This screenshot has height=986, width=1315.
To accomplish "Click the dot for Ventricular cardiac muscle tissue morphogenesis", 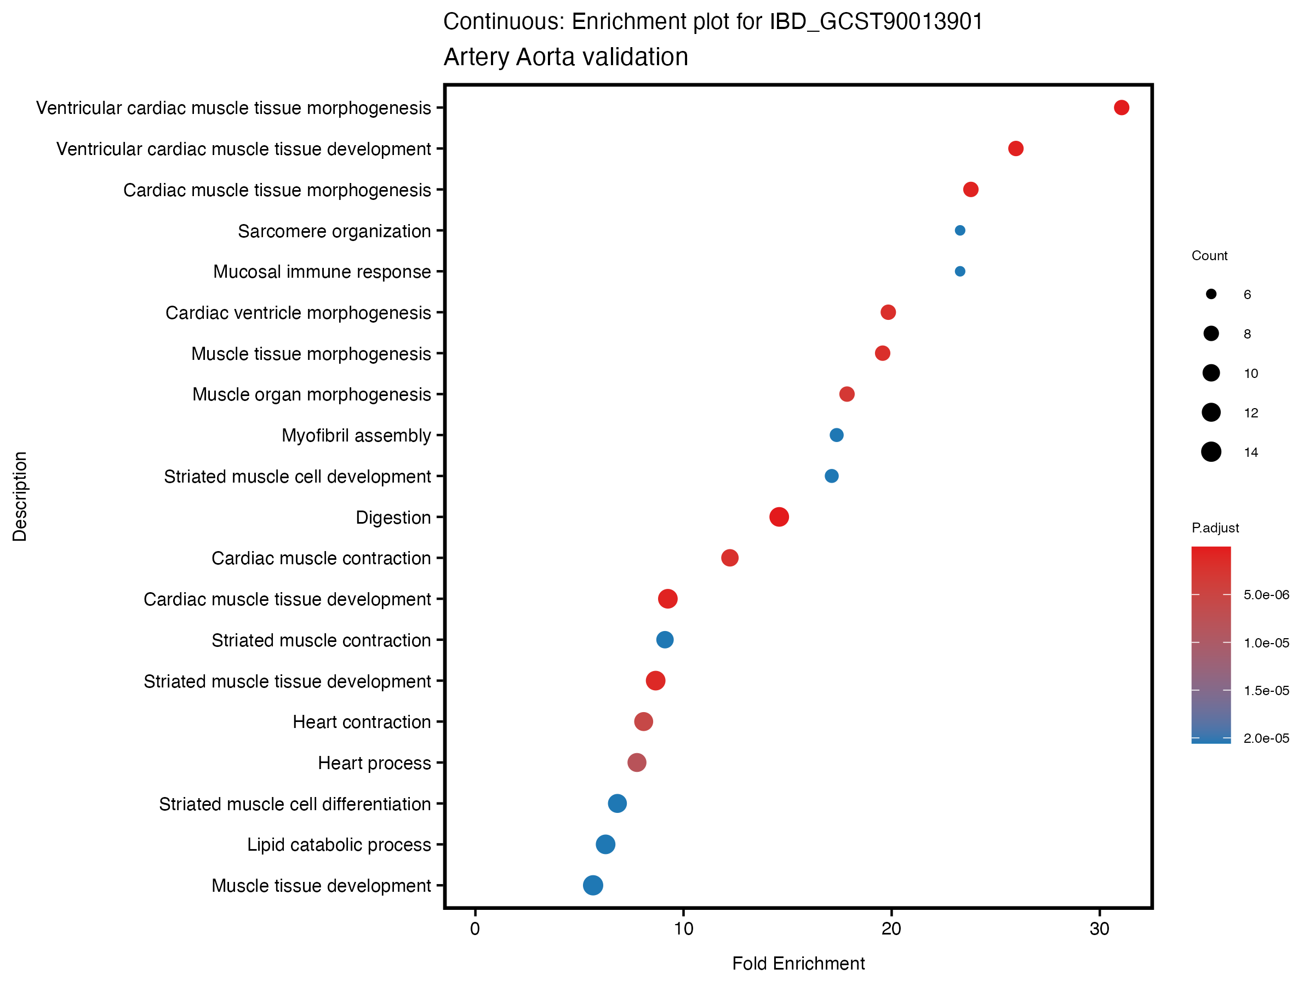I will (1121, 107).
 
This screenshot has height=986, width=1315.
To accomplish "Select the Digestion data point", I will (779, 517).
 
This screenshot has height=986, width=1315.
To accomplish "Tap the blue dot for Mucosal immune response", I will (960, 272).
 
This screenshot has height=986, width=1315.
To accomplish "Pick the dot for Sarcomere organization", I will (960, 231).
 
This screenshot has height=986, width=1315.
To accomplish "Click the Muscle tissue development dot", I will (593, 885).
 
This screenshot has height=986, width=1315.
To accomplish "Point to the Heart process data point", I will (637, 763).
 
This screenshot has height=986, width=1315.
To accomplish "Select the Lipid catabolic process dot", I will (605, 844).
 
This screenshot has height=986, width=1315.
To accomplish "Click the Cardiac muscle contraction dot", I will (730, 558).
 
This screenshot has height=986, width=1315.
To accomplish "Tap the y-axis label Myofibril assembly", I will (356, 435).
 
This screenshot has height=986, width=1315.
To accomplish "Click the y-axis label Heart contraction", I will (362, 722).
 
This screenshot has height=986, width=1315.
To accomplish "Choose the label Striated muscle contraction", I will (321, 641).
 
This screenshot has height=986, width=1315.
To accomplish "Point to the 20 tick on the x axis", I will (891, 929).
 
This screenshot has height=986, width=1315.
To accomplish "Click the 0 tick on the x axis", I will (475, 929).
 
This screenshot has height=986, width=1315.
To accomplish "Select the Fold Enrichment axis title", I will (798, 964).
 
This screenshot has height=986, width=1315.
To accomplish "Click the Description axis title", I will (20, 496).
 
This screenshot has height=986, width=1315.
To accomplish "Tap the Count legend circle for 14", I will (1211, 452).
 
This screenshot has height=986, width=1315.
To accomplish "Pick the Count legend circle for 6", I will (1211, 294).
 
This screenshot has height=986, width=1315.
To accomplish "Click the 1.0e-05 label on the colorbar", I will (1266, 643).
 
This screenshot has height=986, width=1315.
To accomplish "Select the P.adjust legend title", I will (1215, 528).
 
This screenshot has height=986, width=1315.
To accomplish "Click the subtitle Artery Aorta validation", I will (565, 57).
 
